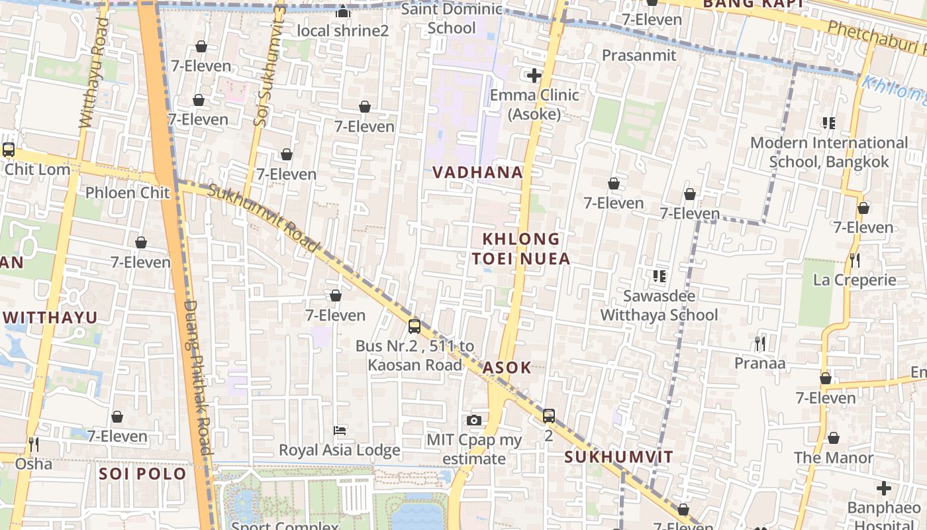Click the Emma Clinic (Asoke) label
click(x=534, y=105)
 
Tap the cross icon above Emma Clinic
click(x=534, y=76)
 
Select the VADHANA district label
click(x=477, y=172)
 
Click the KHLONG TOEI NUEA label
click(x=521, y=248)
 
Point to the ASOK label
click(x=507, y=368)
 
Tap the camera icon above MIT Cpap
click(x=473, y=420)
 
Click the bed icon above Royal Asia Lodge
click(x=340, y=431)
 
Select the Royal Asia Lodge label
click(x=339, y=450)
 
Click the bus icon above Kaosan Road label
click(x=415, y=326)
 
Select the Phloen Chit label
click(x=128, y=193)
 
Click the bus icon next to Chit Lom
click(x=9, y=150)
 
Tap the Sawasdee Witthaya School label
click(x=659, y=305)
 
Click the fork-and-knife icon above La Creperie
click(x=855, y=260)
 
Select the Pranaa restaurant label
click(x=759, y=363)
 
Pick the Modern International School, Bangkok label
click(x=829, y=152)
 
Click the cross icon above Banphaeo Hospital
click(x=883, y=489)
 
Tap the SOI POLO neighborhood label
click(x=142, y=474)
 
